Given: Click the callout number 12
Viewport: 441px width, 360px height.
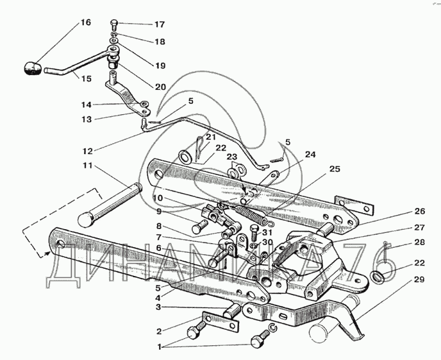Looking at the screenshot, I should pyautogui.click(x=87, y=151).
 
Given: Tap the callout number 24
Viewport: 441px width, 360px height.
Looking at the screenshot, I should pyautogui.click(x=310, y=155).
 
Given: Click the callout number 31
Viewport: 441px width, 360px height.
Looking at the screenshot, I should pyautogui.click(x=267, y=232).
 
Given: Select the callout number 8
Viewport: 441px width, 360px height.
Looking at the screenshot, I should pyautogui.click(x=158, y=226).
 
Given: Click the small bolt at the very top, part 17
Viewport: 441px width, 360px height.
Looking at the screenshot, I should pyautogui.click(x=114, y=24).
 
